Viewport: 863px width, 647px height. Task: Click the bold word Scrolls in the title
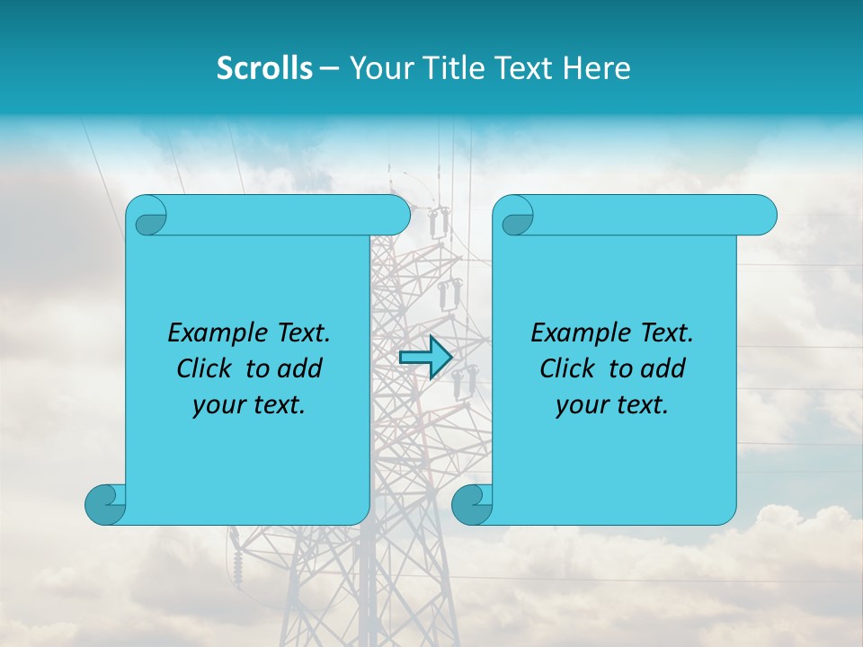[x=264, y=68]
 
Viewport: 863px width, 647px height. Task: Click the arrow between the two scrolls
[x=425, y=358]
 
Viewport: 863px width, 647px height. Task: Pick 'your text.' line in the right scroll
[x=612, y=405]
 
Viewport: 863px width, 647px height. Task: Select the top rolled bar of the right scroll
[x=647, y=215]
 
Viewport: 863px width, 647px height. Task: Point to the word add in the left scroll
[x=298, y=368]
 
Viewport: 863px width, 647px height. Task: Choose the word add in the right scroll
[x=662, y=368]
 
